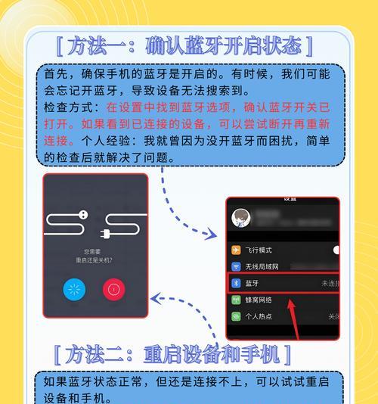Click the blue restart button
coord(74,289)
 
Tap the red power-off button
coord(114,289)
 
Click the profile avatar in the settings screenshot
coord(243,218)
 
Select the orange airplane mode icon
coord(236,250)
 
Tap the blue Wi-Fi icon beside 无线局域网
coord(236,267)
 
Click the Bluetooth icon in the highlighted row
coord(236,284)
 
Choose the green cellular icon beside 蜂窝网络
coord(236,300)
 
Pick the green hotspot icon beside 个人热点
coord(236,316)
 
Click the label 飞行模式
coord(259,250)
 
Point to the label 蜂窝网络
coord(259,300)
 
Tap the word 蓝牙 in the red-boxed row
coord(253,284)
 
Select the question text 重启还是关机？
coord(94,259)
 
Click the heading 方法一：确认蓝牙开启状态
coord(183,46)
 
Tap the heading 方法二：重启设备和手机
coord(172,353)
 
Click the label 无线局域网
coord(262,267)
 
